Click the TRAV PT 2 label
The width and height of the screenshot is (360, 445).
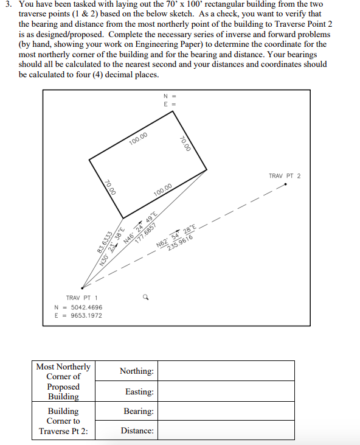(285, 176)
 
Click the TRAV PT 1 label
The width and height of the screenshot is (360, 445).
(81, 298)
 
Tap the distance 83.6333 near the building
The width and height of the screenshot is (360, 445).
(102, 244)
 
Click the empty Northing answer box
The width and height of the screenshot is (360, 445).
(226, 371)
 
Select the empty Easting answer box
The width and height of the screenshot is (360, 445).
(226, 391)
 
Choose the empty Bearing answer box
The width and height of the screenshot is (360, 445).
(226, 411)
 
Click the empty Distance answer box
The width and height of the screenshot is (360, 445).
(226, 430)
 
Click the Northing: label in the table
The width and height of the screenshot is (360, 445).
(136, 371)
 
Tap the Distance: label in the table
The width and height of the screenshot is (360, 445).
(137, 430)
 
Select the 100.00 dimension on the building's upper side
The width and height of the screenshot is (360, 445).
(139, 138)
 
